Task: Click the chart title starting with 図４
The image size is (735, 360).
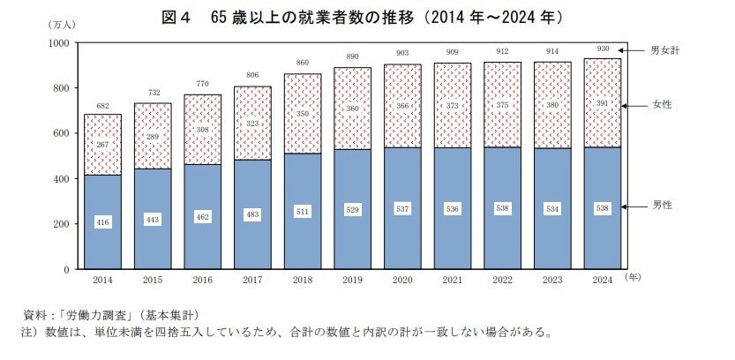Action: pyautogui.click(x=367, y=17)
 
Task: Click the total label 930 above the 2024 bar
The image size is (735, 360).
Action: pyautogui.click(x=602, y=49)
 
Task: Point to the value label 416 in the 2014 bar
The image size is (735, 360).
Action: pyautogui.click(x=103, y=222)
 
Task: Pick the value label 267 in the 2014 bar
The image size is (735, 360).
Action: pyautogui.click(x=103, y=145)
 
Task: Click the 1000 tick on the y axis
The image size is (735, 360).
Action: pyautogui.click(x=58, y=42)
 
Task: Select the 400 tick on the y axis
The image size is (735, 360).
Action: pyautogui.click(x=61, y=179)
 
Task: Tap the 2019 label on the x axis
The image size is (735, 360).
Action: pyautogui.click(x=352, y=279)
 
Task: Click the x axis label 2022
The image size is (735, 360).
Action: pyautogui.click(x=502, y=279)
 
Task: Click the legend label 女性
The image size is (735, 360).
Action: pyautogui.click(x=659, y=105)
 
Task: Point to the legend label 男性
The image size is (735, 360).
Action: pyautogui.click(x=659, y=206)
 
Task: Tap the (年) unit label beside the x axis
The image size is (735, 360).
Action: pyautogui.click(x=634, y=277)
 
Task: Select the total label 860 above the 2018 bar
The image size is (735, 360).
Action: pyautogui.click(x=303, y=64)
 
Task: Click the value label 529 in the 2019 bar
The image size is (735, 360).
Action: pyautogui.click(x=352, y=210)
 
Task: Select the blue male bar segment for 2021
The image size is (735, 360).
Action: pyautogui.click(x=452, y=238)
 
